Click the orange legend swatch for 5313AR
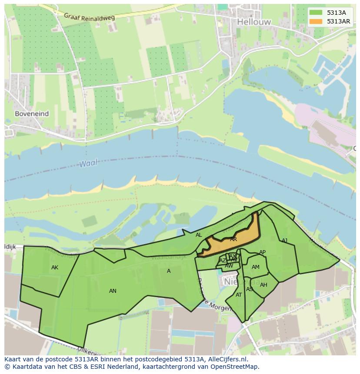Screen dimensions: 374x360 (316, 21)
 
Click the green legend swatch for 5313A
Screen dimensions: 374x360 (316, 13)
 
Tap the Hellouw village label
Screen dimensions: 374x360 (254, 22)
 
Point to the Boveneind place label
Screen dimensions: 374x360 (32, 114)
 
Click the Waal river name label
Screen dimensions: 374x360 (88, 163)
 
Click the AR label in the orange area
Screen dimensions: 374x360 (233, 239)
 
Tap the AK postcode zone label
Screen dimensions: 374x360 (54, 268)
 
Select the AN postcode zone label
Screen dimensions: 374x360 (113, 291)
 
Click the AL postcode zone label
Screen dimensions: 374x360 (199, 235)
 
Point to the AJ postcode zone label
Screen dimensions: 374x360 (285, 241)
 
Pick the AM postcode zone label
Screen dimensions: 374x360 (256, 267)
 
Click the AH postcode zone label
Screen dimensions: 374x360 (263, 285)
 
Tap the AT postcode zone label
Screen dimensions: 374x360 (239, 295)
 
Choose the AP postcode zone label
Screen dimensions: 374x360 (262, 252)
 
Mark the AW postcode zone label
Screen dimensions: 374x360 (229, 265)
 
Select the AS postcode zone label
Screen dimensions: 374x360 (250, 289)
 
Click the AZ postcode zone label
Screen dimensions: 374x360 (223, 261)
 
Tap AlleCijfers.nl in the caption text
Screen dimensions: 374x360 (227, 359)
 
